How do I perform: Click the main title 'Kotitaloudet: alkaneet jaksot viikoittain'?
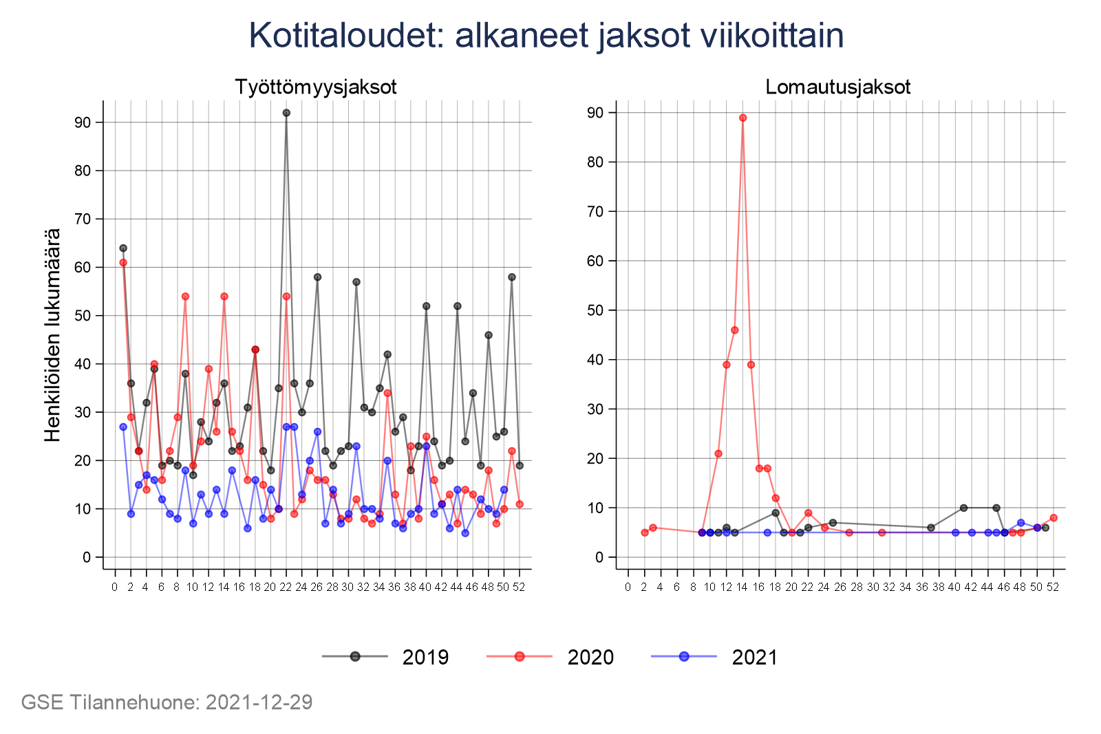pos(546,36)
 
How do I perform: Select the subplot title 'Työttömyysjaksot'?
pos(316,87)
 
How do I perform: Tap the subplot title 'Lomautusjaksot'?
pos(837,87)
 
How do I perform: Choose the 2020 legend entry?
pos(551,657)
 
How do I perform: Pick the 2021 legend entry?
pos(716,657)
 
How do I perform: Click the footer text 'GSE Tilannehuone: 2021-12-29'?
pos(167,702)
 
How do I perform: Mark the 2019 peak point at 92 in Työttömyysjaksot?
pos(286,113)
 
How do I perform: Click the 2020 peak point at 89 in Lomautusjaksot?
pos(742,118)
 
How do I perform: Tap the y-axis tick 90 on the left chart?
pos(83,122)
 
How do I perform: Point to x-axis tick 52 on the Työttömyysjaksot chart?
pos(519,587)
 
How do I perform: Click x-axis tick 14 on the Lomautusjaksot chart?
pos(742,587)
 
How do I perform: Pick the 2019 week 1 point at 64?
pos(123,248)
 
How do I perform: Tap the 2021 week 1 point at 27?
pos(123,427)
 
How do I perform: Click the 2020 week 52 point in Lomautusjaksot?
pos(1054,517)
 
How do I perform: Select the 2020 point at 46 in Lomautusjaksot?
pos(734,330)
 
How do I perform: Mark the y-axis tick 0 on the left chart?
pos(87,557)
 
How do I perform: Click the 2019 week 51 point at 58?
pos(511,277)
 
